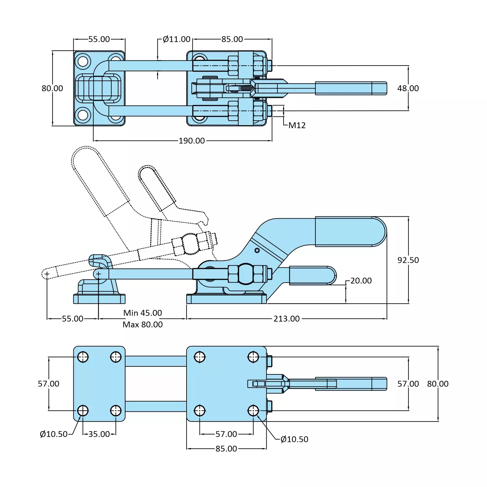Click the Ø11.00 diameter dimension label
pos(177,39)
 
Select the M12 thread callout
pos(297,125)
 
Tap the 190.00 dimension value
pos(192,141)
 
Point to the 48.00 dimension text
pos(408,88)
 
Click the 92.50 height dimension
pos(408,260)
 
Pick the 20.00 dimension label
pos(361,281)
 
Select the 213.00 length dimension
pos(286,319)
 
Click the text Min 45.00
pos(142,313)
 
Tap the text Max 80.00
pos(142,324)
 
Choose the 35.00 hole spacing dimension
pos(99,434)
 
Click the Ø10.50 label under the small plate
pos(54,434)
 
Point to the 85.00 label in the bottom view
pos(226,449)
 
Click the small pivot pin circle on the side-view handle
pos(257,250)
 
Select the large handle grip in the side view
pos(349,232)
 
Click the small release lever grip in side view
pos(311,275)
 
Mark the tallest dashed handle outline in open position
pos(97,178)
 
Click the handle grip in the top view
pos(350,88)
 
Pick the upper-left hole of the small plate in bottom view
pos(83,357)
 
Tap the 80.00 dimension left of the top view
pos(52,88)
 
